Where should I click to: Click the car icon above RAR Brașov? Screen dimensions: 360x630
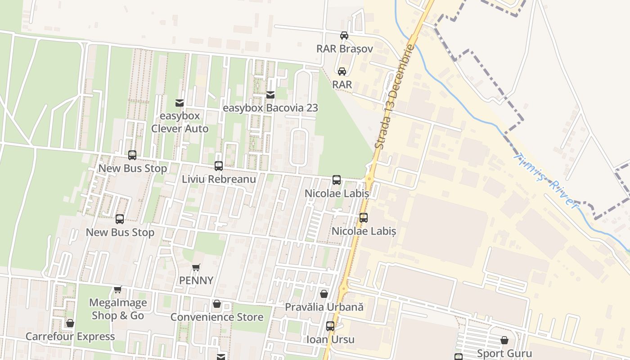344,36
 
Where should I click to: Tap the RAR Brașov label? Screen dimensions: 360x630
344,49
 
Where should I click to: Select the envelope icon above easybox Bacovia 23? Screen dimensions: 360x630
270,95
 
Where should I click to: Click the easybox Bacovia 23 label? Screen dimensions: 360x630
270,108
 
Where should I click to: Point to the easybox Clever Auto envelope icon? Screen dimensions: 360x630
180,103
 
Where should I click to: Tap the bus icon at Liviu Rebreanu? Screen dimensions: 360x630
219,166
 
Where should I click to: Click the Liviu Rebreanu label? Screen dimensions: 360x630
219,179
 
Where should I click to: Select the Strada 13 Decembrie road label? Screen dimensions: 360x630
394,97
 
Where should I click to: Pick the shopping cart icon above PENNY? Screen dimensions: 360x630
196,268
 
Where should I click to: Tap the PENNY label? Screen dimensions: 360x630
196,280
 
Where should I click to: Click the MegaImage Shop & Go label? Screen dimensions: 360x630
117,309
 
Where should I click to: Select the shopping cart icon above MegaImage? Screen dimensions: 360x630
117,290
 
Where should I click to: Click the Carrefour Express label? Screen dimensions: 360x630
70,337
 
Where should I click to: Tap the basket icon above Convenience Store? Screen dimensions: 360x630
217,304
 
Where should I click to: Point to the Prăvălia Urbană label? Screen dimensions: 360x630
324,307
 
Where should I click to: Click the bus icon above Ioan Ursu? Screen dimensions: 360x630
330,326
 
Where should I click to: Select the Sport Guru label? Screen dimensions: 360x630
504,354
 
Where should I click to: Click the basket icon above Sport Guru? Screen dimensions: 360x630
504,341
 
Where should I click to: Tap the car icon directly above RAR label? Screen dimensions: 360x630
342,72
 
